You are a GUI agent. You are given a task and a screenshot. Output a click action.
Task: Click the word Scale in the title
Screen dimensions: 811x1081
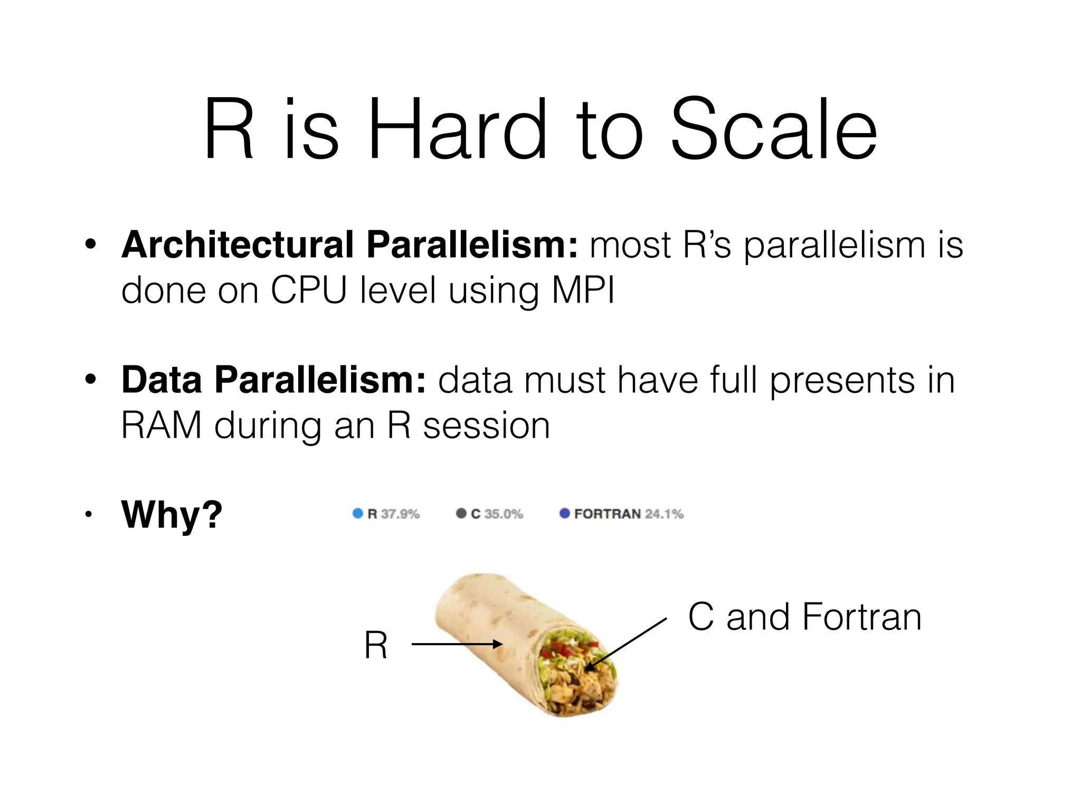coord(773,129)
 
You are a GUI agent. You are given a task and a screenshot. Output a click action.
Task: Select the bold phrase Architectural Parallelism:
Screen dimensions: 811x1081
coord(349,245)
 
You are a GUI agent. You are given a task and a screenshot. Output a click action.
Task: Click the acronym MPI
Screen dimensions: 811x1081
coord(583,290)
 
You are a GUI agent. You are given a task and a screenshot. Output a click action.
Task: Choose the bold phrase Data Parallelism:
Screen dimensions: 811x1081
coord(273,380)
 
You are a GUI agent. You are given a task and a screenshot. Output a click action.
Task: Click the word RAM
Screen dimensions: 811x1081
coord(161,426)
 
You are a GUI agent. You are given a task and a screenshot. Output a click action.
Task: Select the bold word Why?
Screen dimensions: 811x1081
coord(172,514)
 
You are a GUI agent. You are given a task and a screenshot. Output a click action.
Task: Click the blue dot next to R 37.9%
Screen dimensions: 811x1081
coord(357,513)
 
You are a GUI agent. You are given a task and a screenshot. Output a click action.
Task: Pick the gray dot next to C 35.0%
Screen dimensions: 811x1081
coord(461,513)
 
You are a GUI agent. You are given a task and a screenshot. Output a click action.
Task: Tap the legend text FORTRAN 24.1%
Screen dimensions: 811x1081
coord(628,514)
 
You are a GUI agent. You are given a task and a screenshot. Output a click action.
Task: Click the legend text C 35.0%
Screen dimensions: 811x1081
coord(496,514)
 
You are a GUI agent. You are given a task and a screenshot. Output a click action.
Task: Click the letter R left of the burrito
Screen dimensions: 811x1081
coord(375,645)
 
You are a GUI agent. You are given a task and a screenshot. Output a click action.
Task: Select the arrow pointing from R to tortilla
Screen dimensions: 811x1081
coord(456,644)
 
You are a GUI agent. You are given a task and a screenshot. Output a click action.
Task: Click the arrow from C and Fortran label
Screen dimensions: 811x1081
coord(626,645)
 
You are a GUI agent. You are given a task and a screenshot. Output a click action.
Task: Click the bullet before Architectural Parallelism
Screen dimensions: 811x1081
coord(91,245)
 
